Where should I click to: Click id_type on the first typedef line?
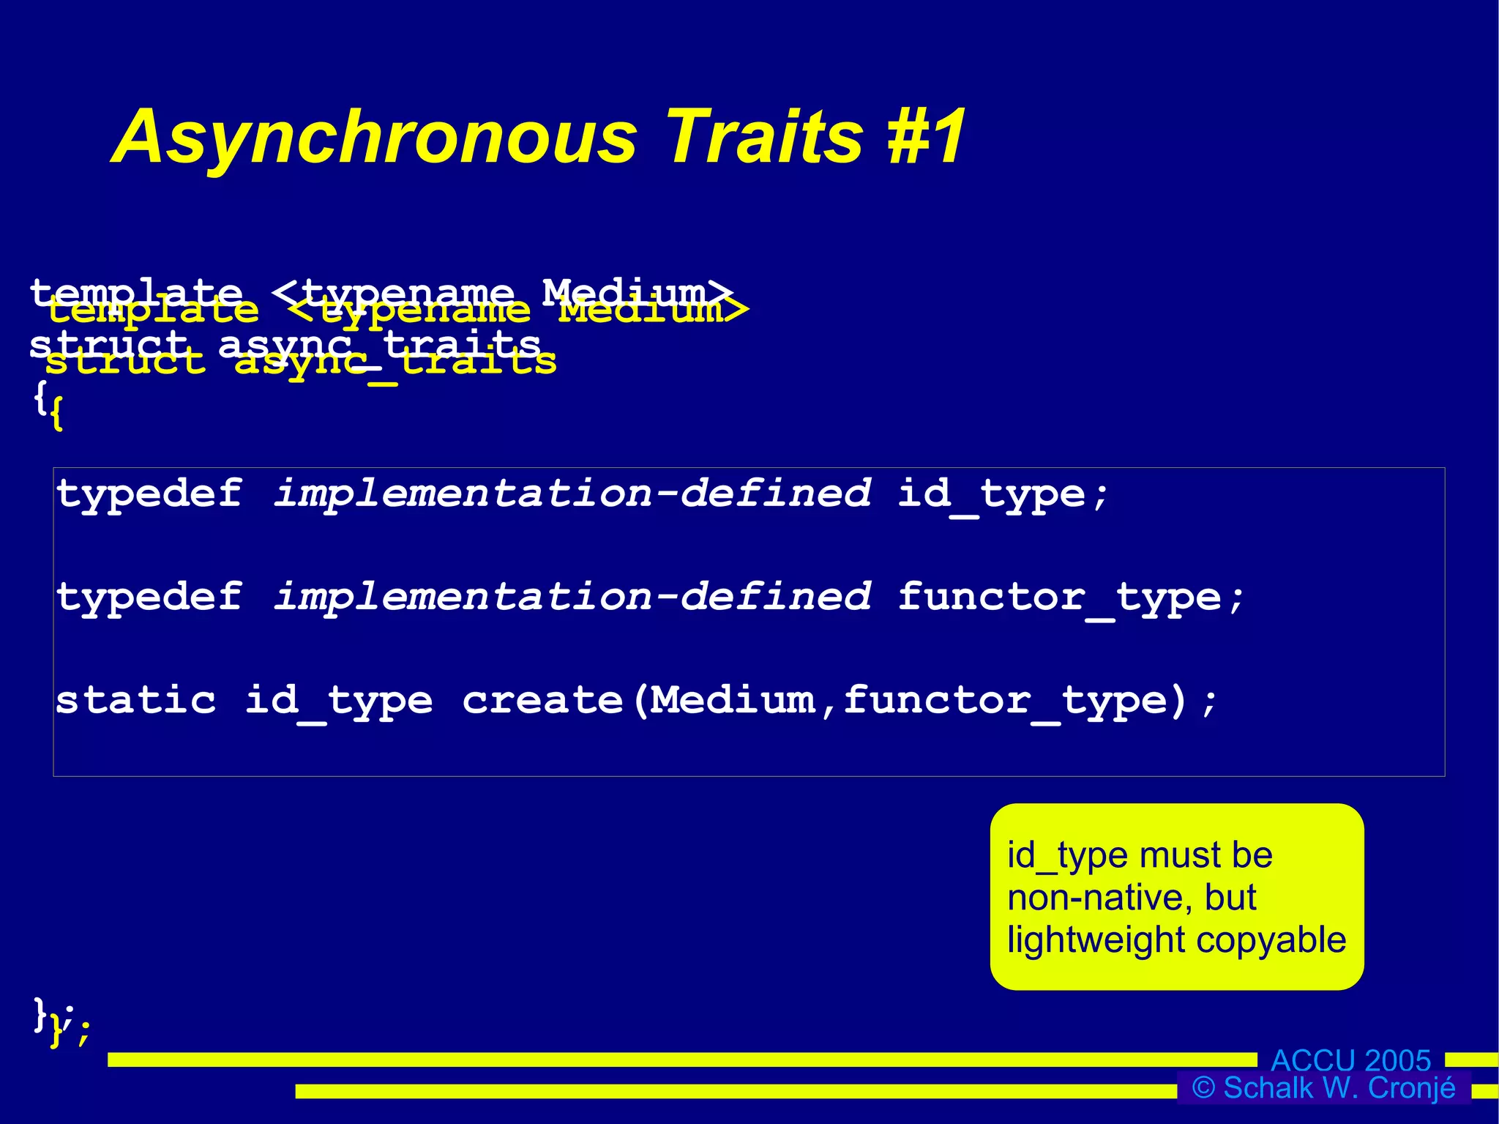coord(991,494)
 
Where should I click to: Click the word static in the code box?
coord(136,700)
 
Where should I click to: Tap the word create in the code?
coord(542,700)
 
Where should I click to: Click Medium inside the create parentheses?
coord(733,700)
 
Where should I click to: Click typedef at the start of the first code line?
coord(149,494)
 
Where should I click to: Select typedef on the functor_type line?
coord(149,597)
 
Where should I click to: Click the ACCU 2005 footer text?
coord(1350,1060)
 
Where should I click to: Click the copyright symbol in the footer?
coord(1204,1088)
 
